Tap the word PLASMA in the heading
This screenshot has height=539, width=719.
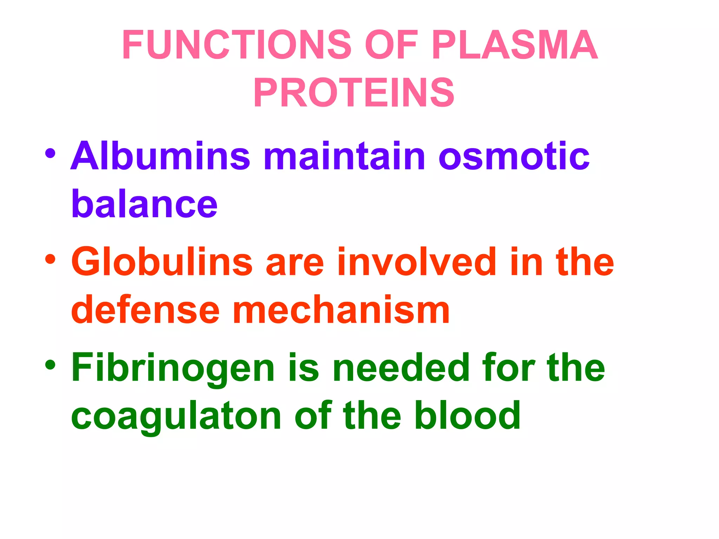514,45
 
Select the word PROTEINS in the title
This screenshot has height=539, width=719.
354,93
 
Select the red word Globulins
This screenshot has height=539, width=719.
162,261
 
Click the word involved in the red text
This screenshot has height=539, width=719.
416,261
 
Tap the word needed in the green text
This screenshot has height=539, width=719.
401,367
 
